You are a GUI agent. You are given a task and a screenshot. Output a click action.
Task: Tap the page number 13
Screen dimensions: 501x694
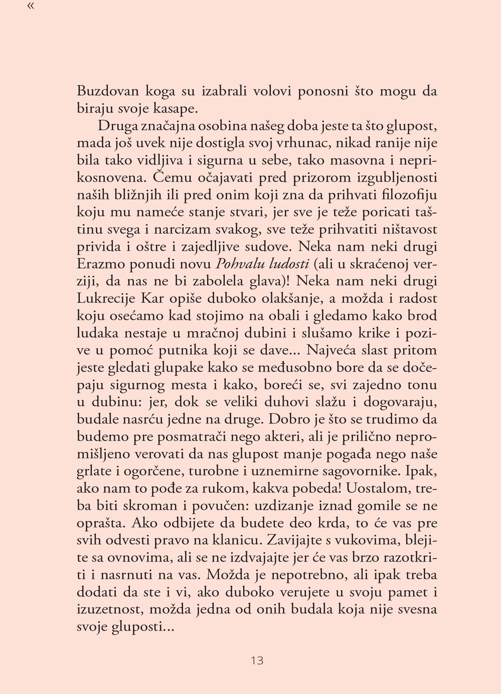tap(257, 660)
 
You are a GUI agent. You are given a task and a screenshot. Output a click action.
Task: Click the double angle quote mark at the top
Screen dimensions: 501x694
tap(30, 6)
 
